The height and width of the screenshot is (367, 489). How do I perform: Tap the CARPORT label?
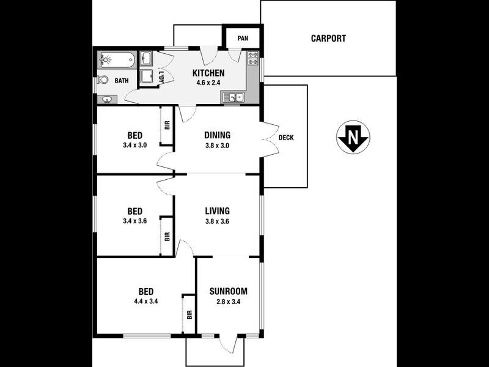click(328, 38)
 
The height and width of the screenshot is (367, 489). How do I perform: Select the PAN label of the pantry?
click(243, 39)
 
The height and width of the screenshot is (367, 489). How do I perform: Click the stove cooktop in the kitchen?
click(253, 60)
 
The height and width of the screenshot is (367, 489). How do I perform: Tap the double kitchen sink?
click(233, 97)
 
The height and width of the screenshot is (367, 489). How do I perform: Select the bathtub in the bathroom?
click(115, 61)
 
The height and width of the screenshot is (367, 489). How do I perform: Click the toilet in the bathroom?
click(103, 80)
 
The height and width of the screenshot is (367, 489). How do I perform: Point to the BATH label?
click(122, 80)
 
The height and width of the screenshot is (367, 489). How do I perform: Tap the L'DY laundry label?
click(162, 77)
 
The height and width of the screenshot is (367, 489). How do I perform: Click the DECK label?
click(286, 138)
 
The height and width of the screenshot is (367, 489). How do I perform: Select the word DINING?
click(217, 135)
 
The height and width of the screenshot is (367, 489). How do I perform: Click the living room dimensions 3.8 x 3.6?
click(217, 221)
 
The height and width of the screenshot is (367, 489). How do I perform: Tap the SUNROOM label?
click(228, 291)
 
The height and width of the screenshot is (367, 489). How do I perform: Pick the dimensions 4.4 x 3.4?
click(145, 301)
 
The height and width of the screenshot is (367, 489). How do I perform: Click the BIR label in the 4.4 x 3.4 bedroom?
click(189, 314)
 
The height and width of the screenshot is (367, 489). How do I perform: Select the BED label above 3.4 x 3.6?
click(135, 211)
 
